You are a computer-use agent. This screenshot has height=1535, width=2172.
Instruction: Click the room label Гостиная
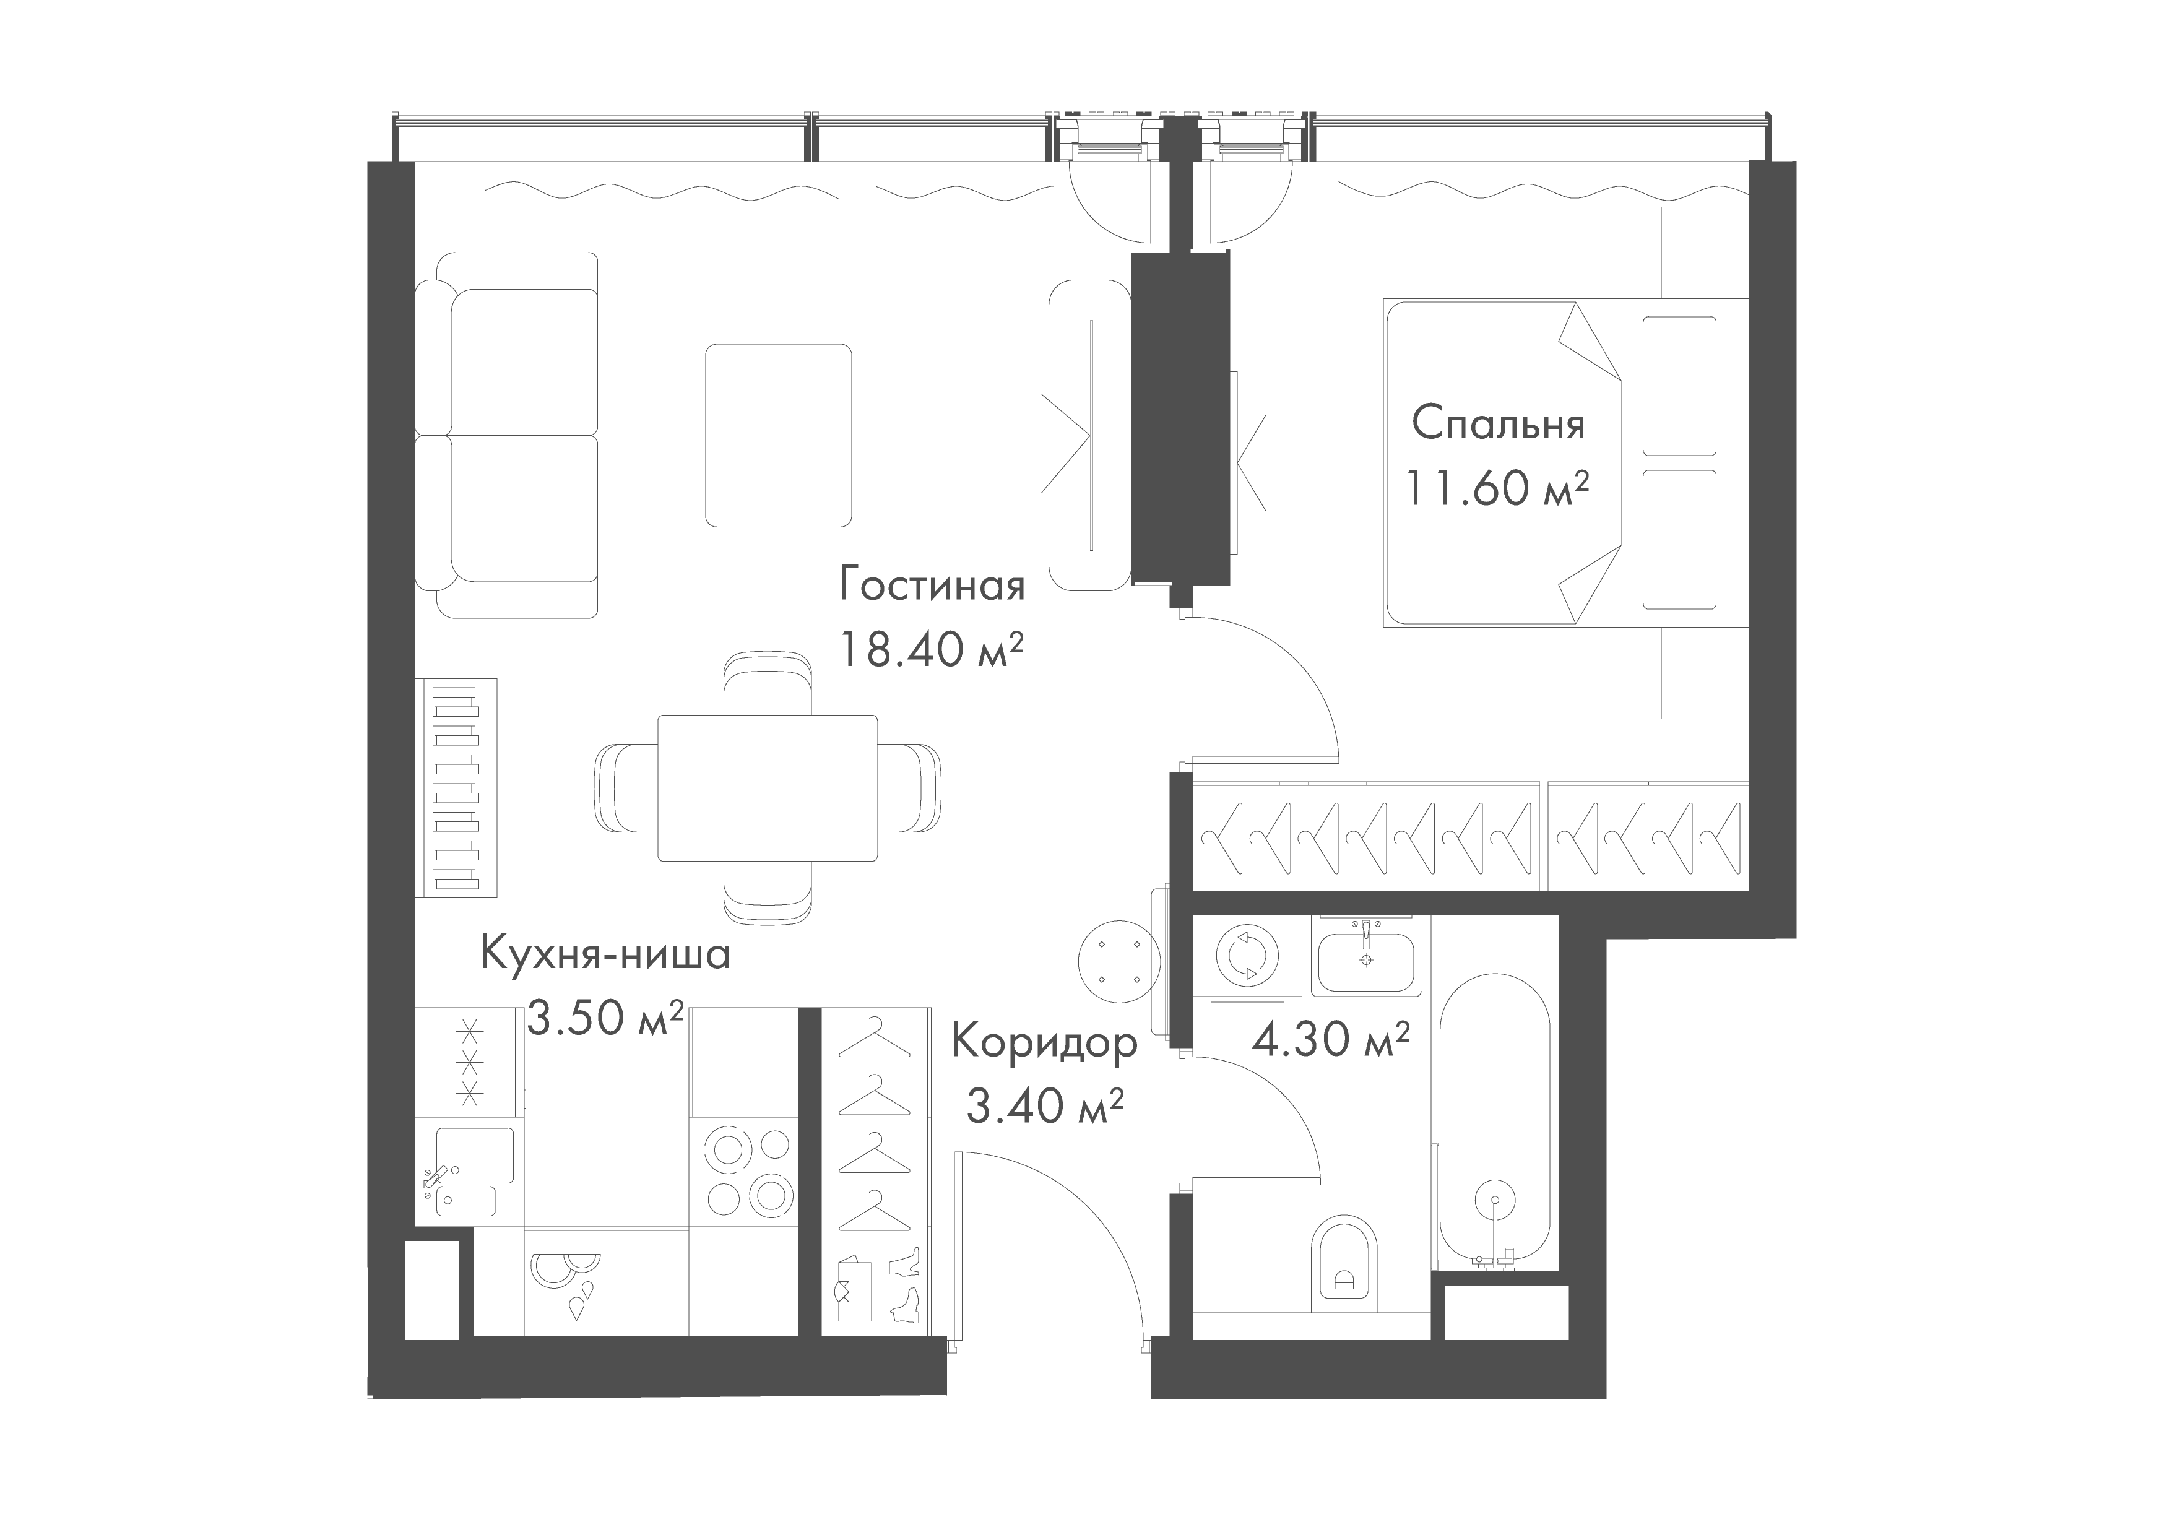[x=932, y=586]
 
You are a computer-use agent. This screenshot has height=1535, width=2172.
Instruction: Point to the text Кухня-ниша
[x=605, y=954]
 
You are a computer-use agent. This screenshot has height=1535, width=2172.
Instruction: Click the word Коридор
[x=1044, y=1043]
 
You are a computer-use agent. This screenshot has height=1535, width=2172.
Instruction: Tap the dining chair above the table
[x=767, y=683]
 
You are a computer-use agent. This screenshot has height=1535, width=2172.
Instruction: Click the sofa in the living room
[x=507, y=435]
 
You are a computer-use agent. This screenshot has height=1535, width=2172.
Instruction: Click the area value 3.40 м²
[x=1044, y=1105]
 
